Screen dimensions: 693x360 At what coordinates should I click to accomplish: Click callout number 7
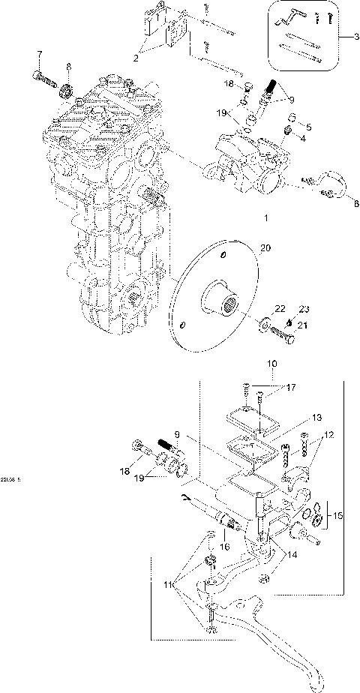coord(40,54)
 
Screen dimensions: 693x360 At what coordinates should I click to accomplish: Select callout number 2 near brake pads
coord(137,55)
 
